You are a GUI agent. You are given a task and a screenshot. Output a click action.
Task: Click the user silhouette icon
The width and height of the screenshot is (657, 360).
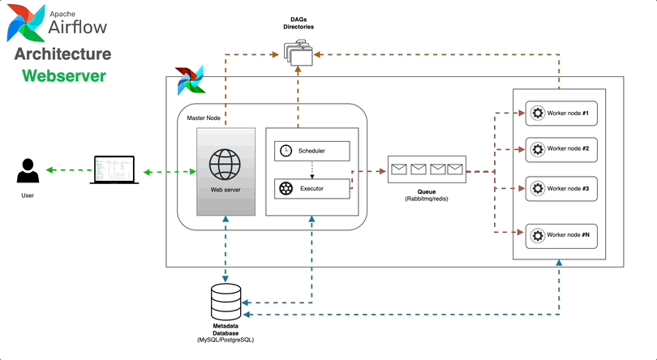28,172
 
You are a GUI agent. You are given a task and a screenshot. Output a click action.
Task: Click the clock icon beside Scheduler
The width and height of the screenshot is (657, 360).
286,150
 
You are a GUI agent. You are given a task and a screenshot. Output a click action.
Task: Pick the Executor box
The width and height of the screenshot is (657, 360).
312,188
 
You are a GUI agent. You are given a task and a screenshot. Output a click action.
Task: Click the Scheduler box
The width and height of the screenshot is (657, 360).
312,150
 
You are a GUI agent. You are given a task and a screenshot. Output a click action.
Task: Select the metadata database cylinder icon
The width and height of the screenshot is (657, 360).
225,302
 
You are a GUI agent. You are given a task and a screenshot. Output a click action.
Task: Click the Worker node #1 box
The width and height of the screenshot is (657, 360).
561,113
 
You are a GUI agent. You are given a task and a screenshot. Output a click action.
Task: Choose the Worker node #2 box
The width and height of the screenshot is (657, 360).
561,149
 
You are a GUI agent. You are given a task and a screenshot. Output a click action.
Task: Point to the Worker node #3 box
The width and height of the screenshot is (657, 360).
561,188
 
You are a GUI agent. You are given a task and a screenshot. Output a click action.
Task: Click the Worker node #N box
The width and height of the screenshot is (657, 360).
561,235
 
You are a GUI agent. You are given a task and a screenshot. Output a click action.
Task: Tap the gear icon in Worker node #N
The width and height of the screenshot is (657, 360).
536,236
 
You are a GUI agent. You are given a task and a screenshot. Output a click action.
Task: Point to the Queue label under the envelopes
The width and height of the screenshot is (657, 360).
427,192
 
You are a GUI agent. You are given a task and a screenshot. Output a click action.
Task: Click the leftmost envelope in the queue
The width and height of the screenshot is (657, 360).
399,169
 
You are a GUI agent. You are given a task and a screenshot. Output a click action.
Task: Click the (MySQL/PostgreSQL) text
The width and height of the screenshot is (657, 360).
225,339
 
